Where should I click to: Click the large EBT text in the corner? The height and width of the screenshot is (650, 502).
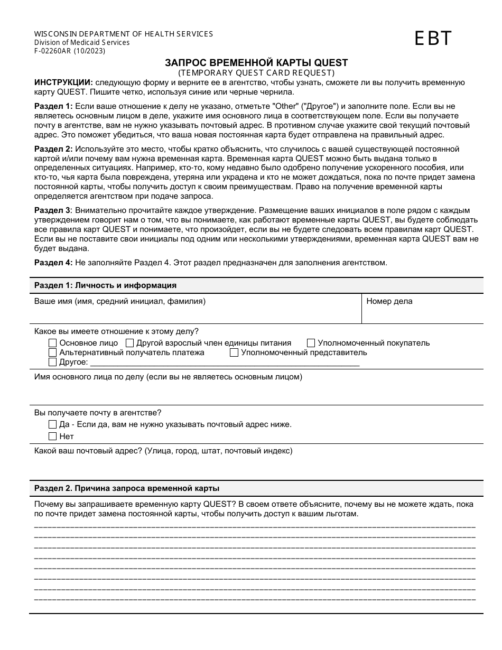point(433,39)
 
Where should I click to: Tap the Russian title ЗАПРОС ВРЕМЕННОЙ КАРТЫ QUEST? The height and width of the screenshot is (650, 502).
point(256,63)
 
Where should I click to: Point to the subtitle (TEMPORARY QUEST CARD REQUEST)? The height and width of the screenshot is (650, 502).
point(256,72)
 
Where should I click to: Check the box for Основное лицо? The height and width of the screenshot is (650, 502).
point(52,343)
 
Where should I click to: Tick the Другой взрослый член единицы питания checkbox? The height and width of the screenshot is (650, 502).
point(129,343)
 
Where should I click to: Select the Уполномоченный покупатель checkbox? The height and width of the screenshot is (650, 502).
point(311,343)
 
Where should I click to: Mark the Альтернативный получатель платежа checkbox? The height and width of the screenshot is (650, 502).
point(52,352)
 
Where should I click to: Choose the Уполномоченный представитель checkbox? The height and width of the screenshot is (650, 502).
point(234,352)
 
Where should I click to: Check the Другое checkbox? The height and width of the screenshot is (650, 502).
point(52,362)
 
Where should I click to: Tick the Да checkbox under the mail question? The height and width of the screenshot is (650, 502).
point(52,424)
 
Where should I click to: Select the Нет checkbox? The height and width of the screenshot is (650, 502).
point(52,437)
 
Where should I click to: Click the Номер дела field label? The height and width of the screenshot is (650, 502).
point(389,301)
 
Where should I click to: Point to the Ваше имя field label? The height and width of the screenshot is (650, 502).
point(120,301)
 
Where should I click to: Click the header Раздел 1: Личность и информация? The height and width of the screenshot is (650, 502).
point(105,285)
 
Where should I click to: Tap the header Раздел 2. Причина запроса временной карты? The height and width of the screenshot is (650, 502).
point(127,488)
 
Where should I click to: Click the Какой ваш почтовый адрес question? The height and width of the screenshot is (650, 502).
point(163,451)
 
